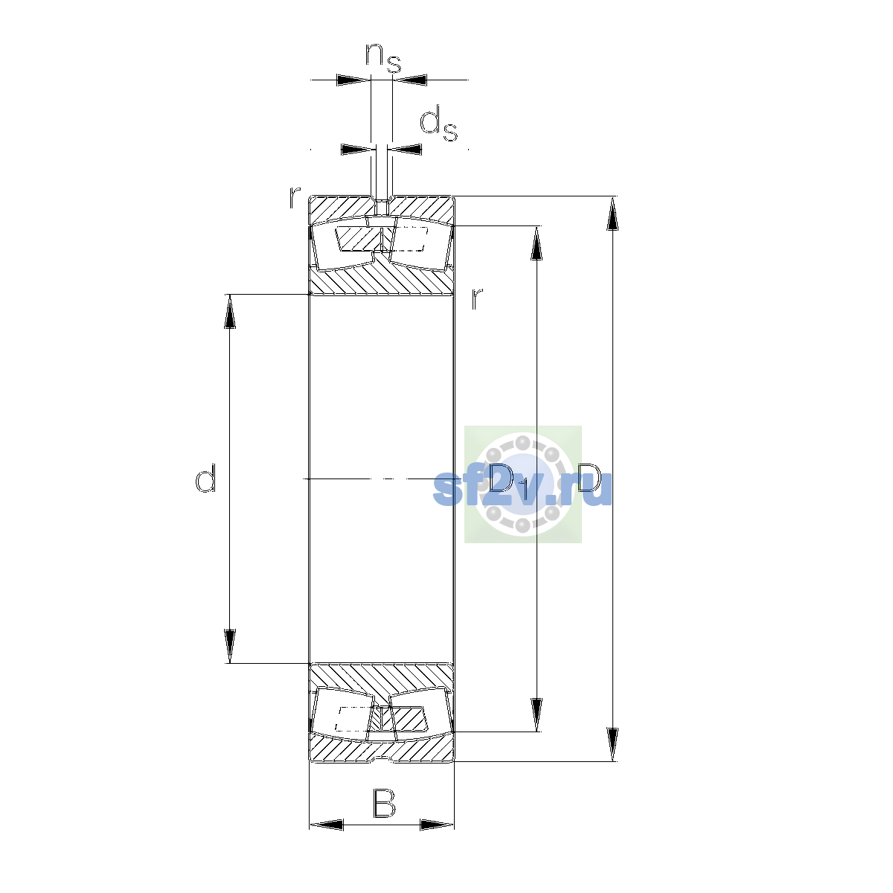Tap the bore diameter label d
coord(205,478)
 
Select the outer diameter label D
coord(589,478)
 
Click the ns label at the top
coord(383,58)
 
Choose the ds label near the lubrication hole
coord(438,124)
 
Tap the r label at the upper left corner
coord(295,197)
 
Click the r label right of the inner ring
coord(477,298)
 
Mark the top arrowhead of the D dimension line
coord(612,213)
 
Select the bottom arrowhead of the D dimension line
coord(612,745)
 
